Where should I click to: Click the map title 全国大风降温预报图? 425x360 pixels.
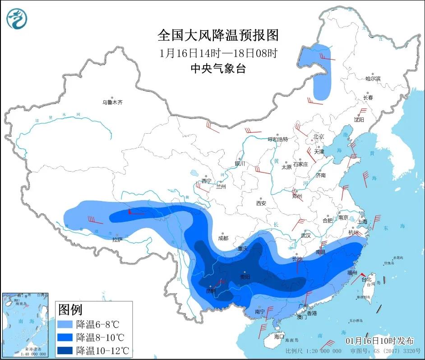pyautogui.click(x=218, y=35)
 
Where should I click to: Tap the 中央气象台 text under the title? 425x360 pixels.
pyautogui.click(x=218, y=68)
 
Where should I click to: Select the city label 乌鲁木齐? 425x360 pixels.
pyautogui.click(x=112, y=103)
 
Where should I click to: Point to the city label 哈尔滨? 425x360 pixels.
pyautogui.click(x=373, y=79)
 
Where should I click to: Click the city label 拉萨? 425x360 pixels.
pyautogui.click(x=117, y=240)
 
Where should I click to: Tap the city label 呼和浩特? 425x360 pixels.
pyautogui.click(x=277, y=139)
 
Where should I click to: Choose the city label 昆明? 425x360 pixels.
pyautogui.click(x=211, y=291)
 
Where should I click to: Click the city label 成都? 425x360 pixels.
pyautogui.click(x=222, y=238)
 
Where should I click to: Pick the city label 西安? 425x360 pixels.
pyautogui.click(x=261, y=203)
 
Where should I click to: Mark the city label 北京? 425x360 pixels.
pyautogui.click(x=319, y=136)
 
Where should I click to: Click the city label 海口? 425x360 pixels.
pyautogui.click(x=279, y=337)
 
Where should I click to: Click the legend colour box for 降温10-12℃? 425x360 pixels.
pyautogui.click(x=65, y=351)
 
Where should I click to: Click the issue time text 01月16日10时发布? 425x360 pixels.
pyautogui.click(x=379, y=341)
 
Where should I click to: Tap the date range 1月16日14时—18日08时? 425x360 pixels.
pyautogui.click(x=218, y=52)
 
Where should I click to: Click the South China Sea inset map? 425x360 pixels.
pyautogui.click(x=25, y=324)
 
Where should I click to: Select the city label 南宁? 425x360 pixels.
pyautogui.click(x=259, y=311)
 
